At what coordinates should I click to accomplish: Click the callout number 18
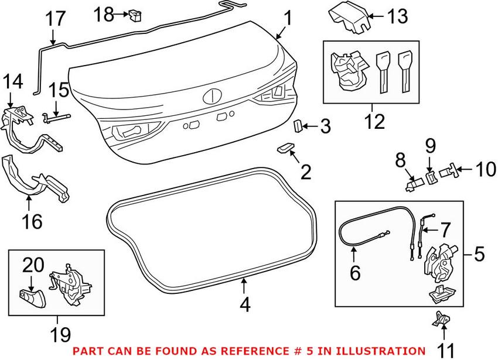click(x=104, y=14)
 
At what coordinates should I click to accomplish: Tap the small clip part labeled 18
click(x=135, y=16)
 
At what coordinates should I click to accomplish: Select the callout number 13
click(x=397, y=16)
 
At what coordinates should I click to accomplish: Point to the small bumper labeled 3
click(x=298, y=126)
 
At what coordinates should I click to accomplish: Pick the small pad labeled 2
click(x=285, y=148)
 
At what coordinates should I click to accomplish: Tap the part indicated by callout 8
click(x=414, y=184)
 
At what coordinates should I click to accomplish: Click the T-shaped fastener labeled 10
click(x=448, y=172)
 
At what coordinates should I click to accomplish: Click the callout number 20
click(x=33, y=265)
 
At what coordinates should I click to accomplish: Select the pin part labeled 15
click(x=56, y=118)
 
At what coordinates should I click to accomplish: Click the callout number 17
click(x=55, y=19)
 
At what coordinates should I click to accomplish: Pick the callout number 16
click(x=32, y=221)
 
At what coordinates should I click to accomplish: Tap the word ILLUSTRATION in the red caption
click(x=380, y=351)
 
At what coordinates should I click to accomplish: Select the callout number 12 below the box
click(x=375, y=121)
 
